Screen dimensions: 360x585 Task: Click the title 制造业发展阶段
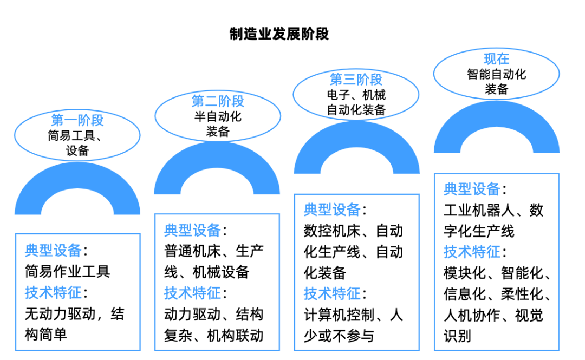(x=279, y=34)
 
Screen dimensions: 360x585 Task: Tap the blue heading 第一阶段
(x=77, y=120)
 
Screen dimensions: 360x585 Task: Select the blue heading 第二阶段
(x=218, y=101)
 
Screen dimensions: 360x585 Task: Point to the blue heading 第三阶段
(x=356, y=80)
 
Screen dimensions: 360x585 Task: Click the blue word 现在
(x=496, y=58)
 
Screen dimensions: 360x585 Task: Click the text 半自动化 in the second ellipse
(x=218, y=116)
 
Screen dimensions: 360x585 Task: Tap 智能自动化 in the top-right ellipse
(x=496, y=74)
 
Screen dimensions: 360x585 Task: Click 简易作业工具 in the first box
(x=68, y=272)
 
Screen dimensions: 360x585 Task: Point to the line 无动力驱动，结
(x=74, y=314)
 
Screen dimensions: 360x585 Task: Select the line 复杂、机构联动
(x=213, y=336)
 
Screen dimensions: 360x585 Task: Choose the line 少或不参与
(x=339, y=336)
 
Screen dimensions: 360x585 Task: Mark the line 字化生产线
(x=479, y=231)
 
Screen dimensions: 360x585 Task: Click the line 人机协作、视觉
(x=493, y=315)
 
